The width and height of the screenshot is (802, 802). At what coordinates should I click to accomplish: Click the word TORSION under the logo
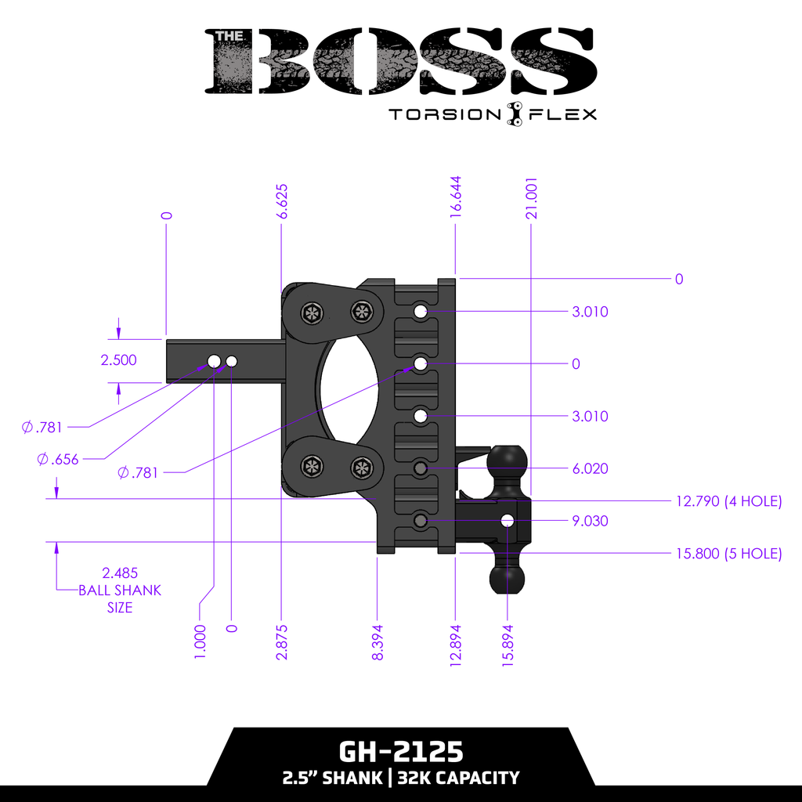pos(445,115)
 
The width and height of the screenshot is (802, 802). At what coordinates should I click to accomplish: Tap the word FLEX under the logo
pos(563,115)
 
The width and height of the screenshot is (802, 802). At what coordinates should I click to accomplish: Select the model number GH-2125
pos(400,752)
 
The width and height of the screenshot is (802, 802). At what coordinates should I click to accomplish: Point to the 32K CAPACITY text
pos(458,778)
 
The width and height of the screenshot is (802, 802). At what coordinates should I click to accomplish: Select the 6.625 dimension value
pos(283,204)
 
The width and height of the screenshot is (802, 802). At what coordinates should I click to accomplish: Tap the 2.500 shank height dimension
pos(119,360)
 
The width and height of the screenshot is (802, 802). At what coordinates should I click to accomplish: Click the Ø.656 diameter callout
pos(58,460)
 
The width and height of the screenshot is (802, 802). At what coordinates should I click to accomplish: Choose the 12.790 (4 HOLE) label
pos(728,501)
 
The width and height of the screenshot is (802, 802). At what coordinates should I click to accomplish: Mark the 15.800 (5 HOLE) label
pos(728,554)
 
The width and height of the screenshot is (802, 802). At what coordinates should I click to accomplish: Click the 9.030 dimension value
pos(590,521)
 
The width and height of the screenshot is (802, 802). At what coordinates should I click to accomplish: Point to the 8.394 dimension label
pos(378,642)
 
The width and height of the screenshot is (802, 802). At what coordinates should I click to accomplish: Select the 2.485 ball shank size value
pos(119,573)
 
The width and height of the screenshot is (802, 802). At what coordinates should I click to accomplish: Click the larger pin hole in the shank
pos(214,361)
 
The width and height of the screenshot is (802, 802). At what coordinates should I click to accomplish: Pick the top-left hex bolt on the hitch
pos(311,312)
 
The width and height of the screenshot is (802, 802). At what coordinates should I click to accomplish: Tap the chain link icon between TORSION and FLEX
pos(515,114)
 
